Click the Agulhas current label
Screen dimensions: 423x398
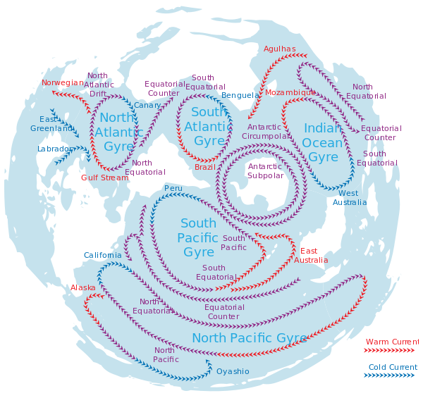tap(279, 49)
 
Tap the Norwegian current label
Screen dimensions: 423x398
tap(63, 82)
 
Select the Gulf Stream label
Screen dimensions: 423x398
tap(104, 178)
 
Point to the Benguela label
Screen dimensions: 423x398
tap(240, 95)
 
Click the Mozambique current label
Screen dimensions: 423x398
tap(290, 92)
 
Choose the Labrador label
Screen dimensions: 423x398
tap(55, 149)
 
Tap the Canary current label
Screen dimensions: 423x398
tap(147, 105)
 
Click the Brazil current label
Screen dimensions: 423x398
tap(205, 167)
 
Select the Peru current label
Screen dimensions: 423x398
tap(173, 188)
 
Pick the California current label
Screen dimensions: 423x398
tap(103, 255)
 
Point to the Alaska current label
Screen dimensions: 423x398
tap(82, 288)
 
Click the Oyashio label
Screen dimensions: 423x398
tap(233, 372)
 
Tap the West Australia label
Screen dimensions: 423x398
tap(350, 198)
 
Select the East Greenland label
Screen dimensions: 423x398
tap(51, 124)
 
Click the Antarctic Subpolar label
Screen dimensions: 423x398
tap(265, 171)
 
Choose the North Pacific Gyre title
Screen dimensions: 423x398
tap(250, 338)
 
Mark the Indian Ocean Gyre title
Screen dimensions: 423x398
tap(323, 142)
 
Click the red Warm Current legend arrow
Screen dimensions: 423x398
tap(389, 350)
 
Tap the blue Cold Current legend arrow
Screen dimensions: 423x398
tap(389, 375)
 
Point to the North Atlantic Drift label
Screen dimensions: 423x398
tap(99, 85)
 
